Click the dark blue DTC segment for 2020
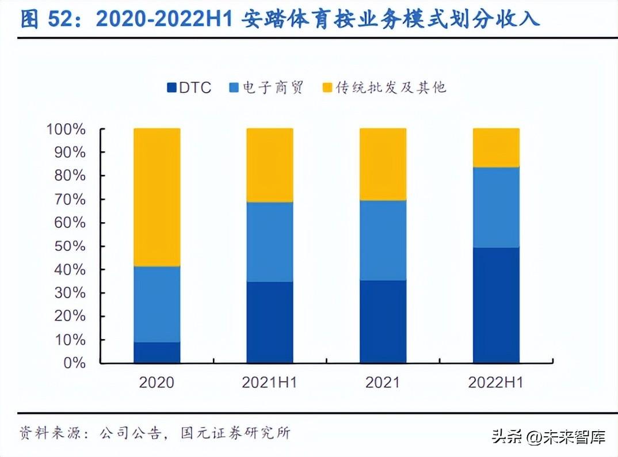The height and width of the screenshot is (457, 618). point(157,352)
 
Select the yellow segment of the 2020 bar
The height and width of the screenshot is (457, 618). point(157,197)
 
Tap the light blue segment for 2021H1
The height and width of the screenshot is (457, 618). point(270,242)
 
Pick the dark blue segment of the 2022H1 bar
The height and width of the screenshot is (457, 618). point(496,305)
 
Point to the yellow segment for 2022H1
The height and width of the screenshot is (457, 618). point(496,147)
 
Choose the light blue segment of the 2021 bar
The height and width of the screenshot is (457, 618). point(383,240)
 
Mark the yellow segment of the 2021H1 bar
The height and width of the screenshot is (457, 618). point(270,165)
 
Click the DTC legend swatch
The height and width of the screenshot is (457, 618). point(171,88)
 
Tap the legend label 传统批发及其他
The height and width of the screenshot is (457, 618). point(391,87)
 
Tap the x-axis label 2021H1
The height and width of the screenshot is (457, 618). point(270,382)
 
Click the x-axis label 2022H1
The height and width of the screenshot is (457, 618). point(496,382)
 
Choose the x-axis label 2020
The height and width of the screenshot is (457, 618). point(157,382)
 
